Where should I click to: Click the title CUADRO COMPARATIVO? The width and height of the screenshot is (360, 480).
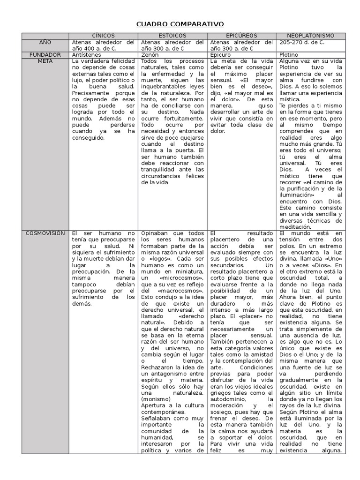click(x=180, y=24)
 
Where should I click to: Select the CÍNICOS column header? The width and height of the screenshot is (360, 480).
click(x=103, y=36)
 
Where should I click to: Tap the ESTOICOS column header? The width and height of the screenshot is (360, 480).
click(x=172, y=36)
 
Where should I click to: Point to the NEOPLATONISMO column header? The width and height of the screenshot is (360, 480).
click(x=311, y=36)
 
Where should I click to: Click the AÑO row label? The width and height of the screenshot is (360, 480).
click(x=45, y=42)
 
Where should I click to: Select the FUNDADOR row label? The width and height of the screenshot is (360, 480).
click(x=45, y=55)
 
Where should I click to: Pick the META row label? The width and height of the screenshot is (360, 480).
click(x=45, y=61)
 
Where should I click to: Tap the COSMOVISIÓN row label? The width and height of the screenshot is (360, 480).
click(x=45, y=233)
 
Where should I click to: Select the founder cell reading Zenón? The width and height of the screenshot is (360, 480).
click(x=150, y=55)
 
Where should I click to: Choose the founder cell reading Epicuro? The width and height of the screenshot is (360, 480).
click(x=220, y=55)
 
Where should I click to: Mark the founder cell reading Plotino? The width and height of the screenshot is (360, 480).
click(x=289, y=55)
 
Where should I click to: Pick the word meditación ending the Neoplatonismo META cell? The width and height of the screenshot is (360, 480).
click(x=295, y=226)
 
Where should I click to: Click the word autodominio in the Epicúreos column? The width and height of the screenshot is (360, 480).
click(x=227, y=386)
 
